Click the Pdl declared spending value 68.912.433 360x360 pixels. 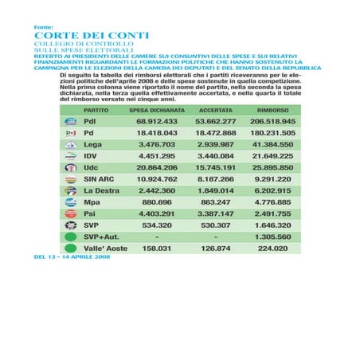tap(157, 120)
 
